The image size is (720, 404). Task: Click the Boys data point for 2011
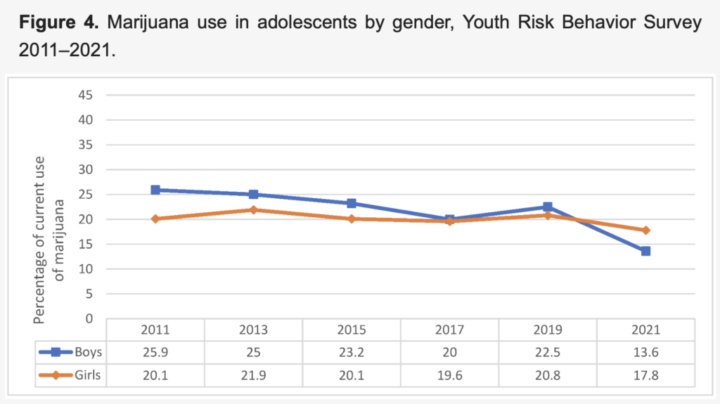pos(155,190)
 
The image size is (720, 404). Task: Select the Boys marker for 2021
pos(645,251)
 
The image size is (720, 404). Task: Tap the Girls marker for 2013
pos(253,209)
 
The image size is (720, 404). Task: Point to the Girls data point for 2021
pos(645,230)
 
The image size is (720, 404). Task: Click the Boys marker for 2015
pos(351,203)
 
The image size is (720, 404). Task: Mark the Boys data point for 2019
pos(547,207)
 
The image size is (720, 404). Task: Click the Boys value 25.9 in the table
pos(155,353)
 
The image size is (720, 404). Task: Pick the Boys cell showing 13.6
pos(645,353)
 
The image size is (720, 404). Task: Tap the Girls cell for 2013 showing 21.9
pos(253,375)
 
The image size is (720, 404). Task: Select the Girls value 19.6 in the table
pos(449,375)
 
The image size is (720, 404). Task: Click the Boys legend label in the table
pos(87,353)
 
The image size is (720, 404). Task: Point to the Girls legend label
pos(87,375)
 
